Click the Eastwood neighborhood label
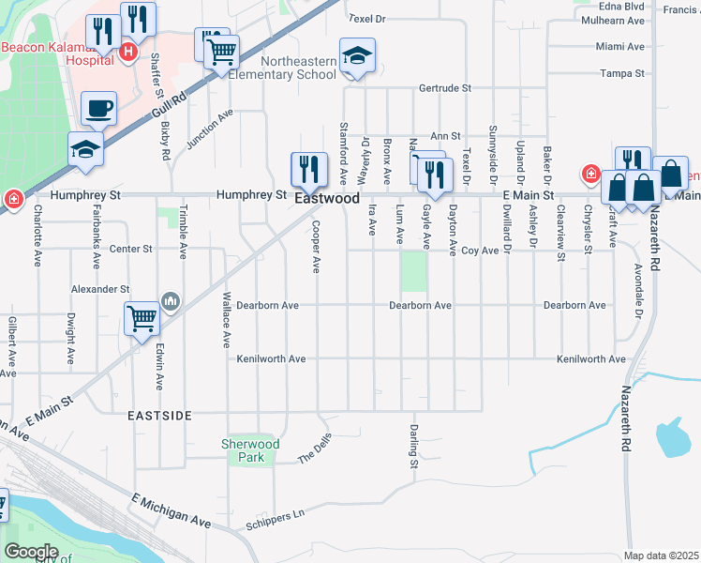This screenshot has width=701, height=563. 327,199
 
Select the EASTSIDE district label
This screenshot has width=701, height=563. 160,414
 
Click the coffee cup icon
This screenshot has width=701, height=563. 98,108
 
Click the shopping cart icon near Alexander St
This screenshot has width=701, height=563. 142,318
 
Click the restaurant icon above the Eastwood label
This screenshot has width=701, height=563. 308,169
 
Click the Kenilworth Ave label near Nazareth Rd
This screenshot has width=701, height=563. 590,359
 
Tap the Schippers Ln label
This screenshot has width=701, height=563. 276,515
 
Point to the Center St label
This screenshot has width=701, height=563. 130,249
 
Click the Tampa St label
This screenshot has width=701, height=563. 620,73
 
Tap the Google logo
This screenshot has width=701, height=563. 32,552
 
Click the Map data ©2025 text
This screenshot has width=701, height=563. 661,555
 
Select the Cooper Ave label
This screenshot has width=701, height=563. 316,248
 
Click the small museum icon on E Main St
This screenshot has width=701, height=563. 171,300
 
